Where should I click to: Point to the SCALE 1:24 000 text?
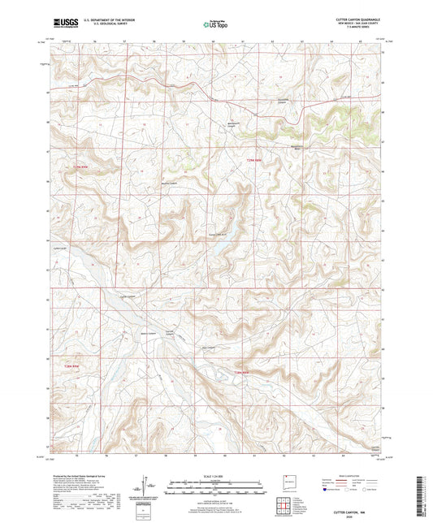point(215,475)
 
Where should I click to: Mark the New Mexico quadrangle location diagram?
point(286,482)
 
